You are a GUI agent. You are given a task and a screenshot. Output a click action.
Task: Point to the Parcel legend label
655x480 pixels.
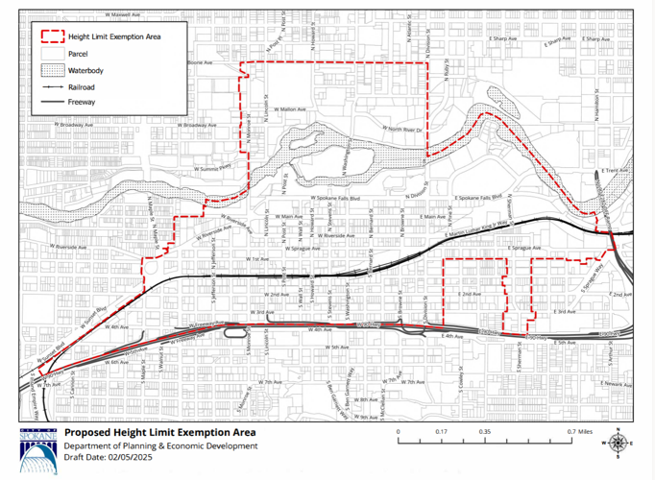click(78, 54)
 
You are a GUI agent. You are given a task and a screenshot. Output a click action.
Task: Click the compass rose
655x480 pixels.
click(619, 442)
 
